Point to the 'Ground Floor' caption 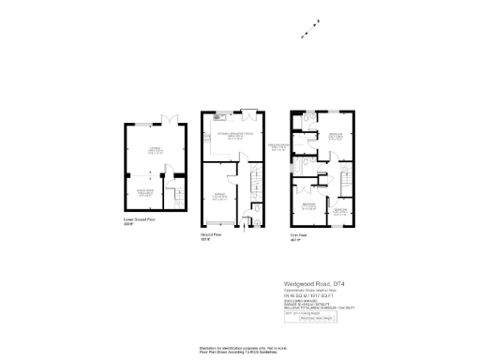[211, 234]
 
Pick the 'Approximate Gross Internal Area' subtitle [310, 286]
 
